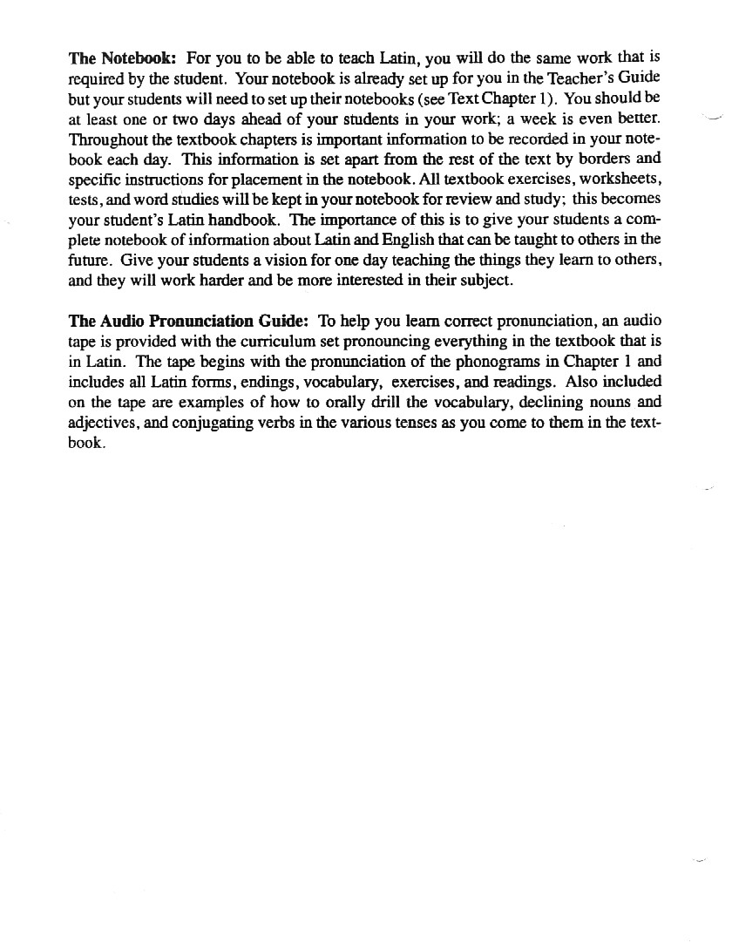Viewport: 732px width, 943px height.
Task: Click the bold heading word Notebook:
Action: point(139,59)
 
